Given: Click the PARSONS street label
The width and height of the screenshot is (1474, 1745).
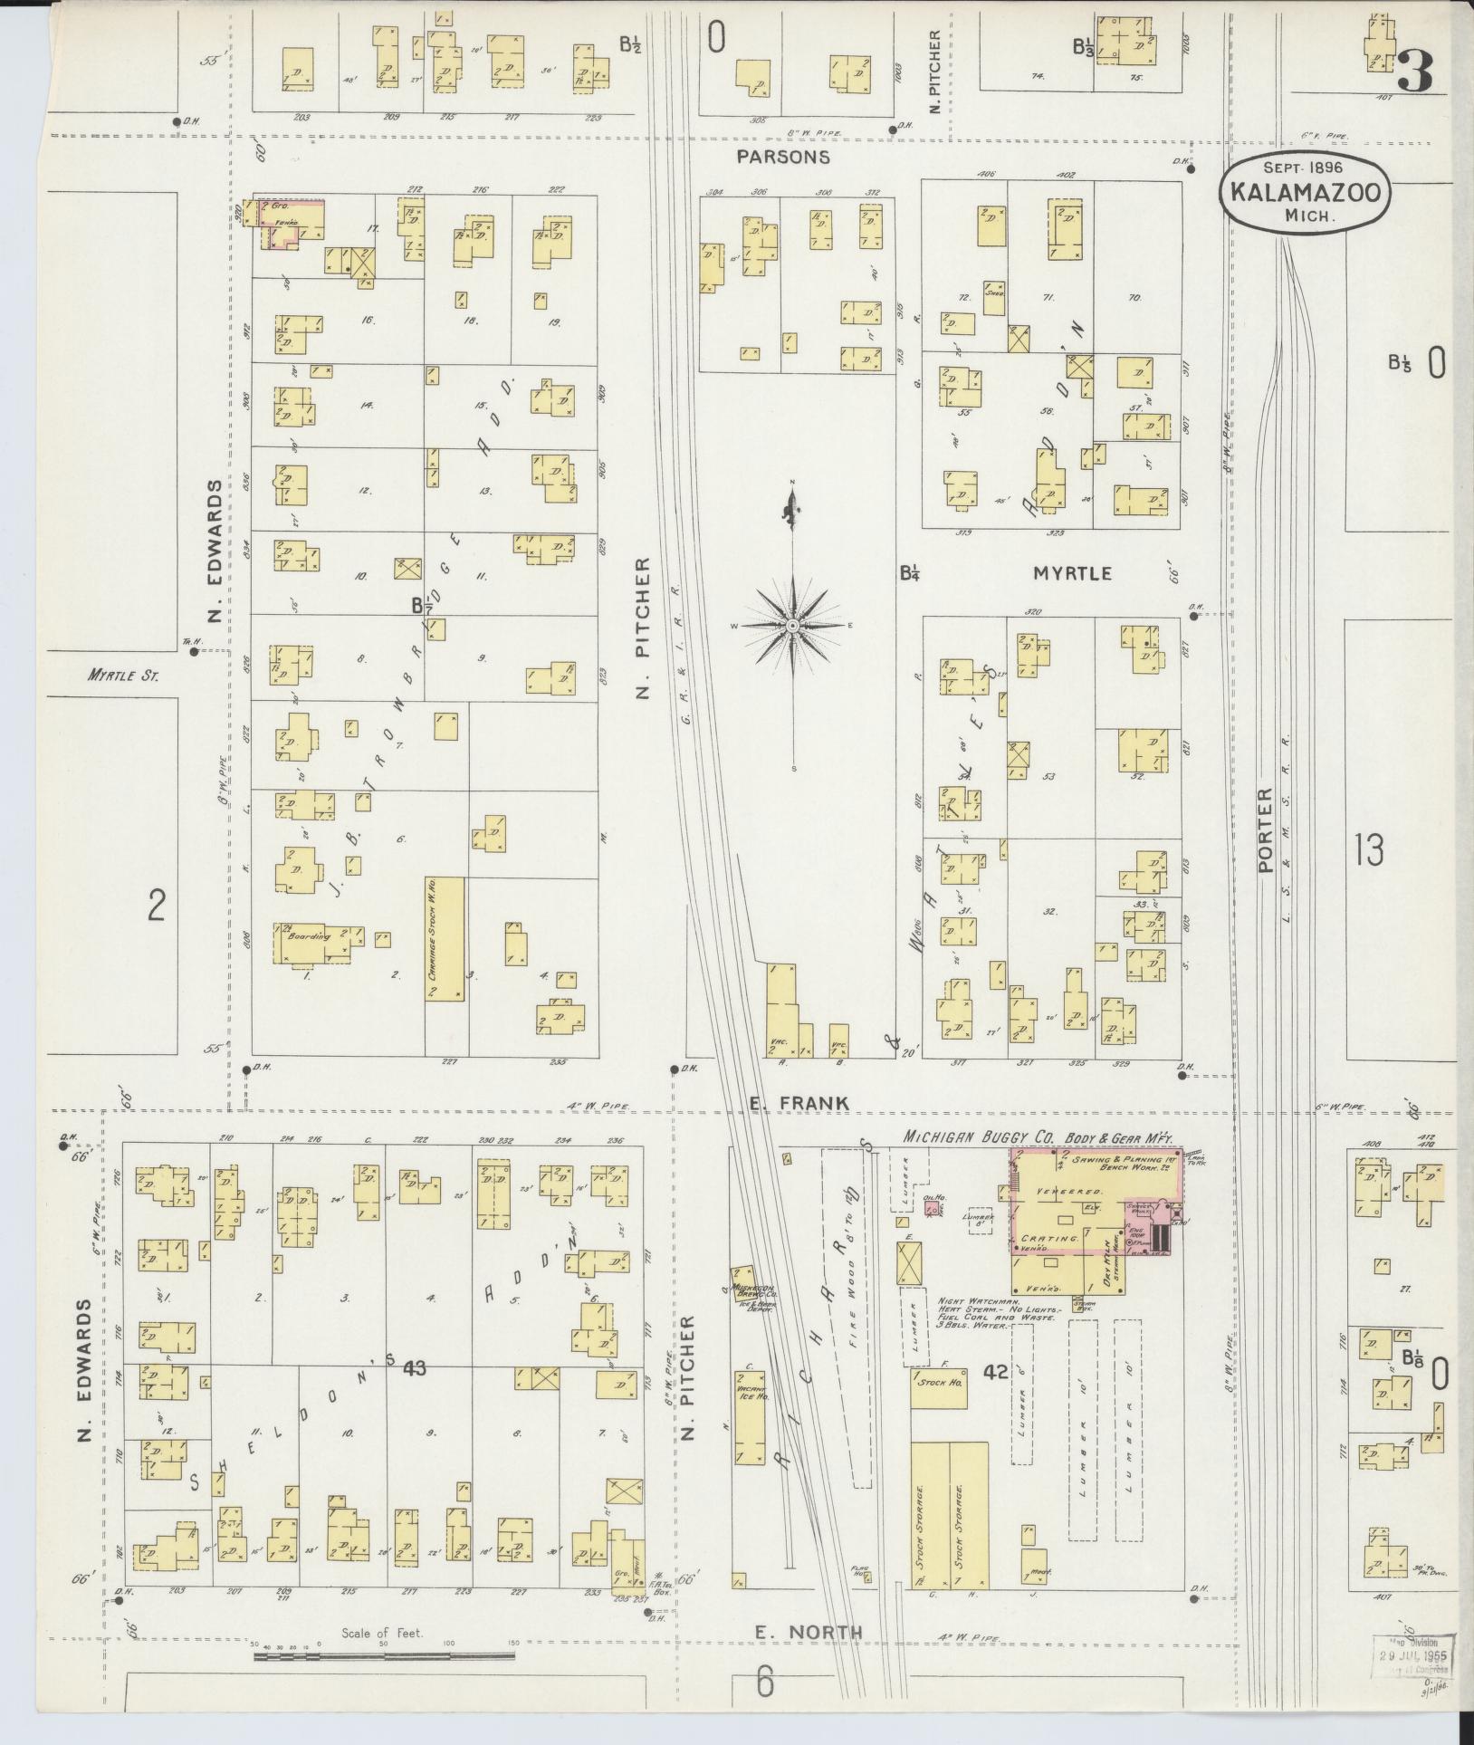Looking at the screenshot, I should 782,157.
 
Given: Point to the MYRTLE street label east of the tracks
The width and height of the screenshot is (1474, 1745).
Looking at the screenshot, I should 1072,572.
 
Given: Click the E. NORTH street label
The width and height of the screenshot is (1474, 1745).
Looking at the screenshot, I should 809,1632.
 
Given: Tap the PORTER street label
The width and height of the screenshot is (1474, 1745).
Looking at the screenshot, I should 1266,829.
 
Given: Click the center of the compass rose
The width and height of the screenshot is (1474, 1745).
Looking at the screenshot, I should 793,626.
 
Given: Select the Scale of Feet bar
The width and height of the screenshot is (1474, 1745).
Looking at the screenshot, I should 384,1656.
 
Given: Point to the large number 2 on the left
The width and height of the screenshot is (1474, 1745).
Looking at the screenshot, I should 156,905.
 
